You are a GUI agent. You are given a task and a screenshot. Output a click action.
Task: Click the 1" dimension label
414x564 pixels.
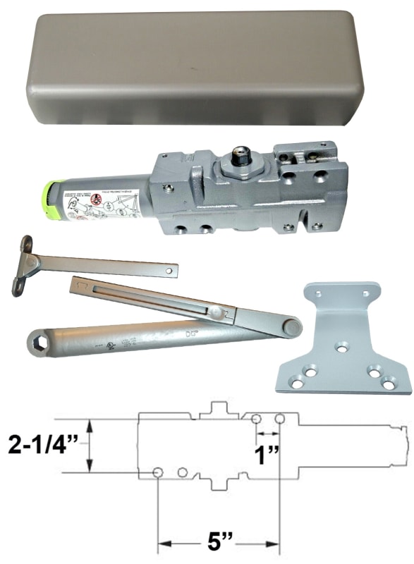(x=265, y=453)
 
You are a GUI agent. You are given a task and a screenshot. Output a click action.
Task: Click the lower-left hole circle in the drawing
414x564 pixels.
(x=159, y=472)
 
